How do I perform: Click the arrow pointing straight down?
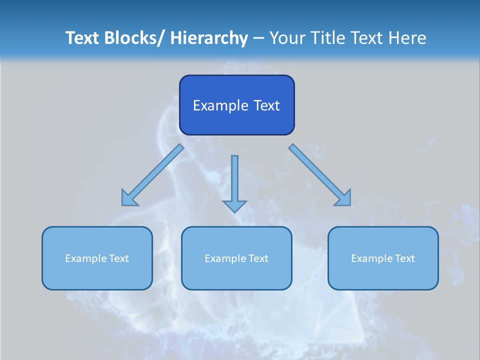click(234, 182)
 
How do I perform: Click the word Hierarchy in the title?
click(209, 38)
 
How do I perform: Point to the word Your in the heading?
click(287, 38)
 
